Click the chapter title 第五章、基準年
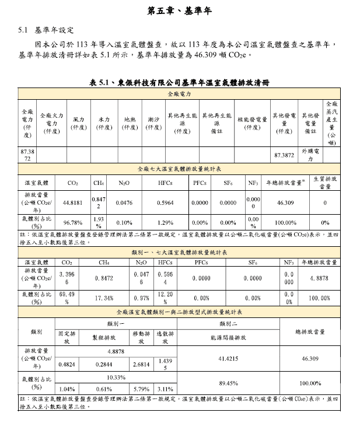(179, 11)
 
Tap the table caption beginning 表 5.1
(180, 83)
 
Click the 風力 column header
(78, 123)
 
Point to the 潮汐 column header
(153, 123)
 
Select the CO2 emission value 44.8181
(72, 202)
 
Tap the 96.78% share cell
(72, 222)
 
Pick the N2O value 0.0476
(124, 202)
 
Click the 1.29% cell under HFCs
(165, 222)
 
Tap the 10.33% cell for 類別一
(117, 377)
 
